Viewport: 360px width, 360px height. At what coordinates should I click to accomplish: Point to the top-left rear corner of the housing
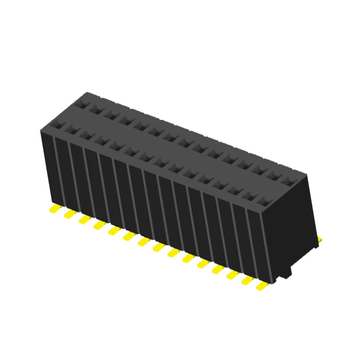pos(86,93)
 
